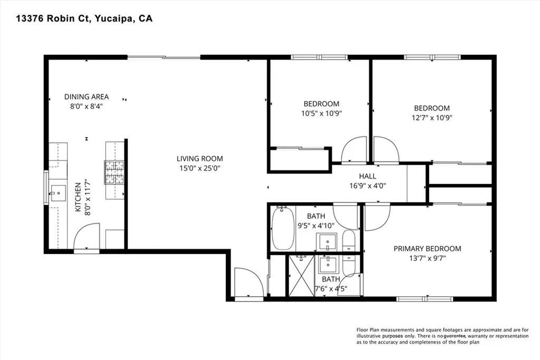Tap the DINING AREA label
point(86,96)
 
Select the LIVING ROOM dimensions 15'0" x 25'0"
point(199,168)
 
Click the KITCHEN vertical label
point(78,197)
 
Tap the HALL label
point(368,176)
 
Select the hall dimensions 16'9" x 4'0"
point(368,185)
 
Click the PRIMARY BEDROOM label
point(427,249)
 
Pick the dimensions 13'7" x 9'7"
point(427,258)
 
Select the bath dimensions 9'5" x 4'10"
point(316,225)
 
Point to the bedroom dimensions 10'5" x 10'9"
point(321,113)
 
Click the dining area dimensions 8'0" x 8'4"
point(86,105)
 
